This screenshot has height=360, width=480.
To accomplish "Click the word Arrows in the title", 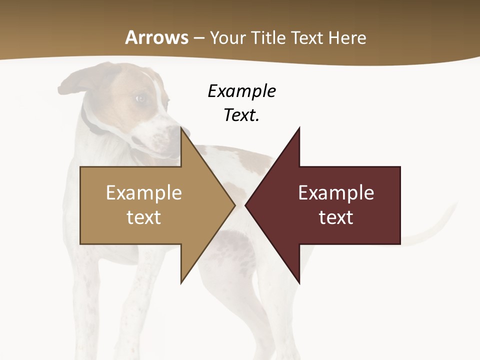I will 157,37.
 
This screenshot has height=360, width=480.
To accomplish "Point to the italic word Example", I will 241,91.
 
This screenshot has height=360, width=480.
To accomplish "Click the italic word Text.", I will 241,115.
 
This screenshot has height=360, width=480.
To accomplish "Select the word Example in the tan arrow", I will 144,192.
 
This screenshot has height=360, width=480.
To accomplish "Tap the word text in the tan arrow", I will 144,217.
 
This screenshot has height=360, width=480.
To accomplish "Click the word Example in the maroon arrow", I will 336,192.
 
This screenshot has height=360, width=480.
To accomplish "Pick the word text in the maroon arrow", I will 336,217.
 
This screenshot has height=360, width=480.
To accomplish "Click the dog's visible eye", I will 140,98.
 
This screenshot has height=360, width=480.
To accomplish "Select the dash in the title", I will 198,38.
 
